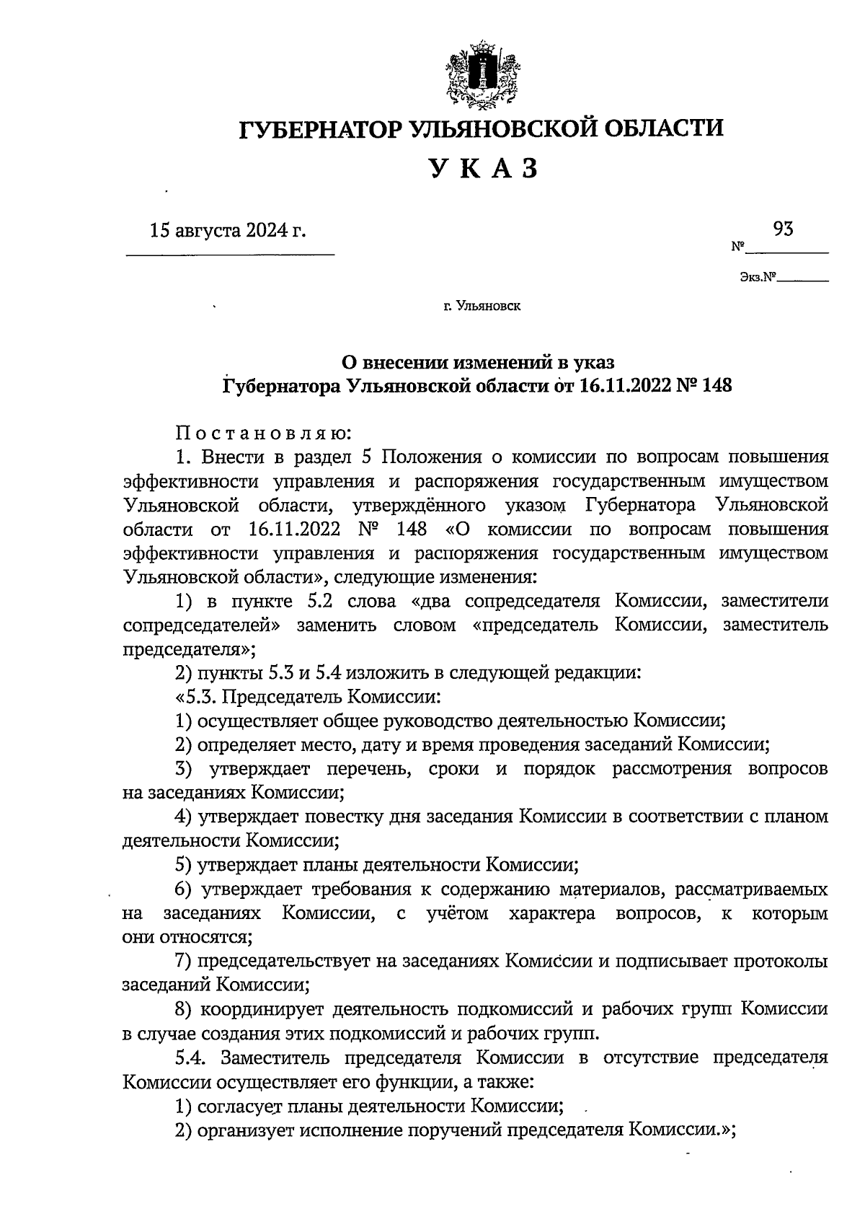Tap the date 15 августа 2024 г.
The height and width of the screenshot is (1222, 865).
point(228,231)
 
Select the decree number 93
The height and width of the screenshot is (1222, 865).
point(784,229)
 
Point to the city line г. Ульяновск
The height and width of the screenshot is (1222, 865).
point(482,307)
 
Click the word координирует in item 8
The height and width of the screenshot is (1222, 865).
point(262,1010)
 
